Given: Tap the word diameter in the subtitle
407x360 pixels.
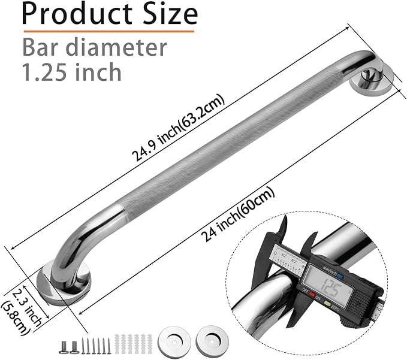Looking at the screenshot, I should coord(120,47).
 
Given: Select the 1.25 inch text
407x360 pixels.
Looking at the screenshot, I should coord(71,72).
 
